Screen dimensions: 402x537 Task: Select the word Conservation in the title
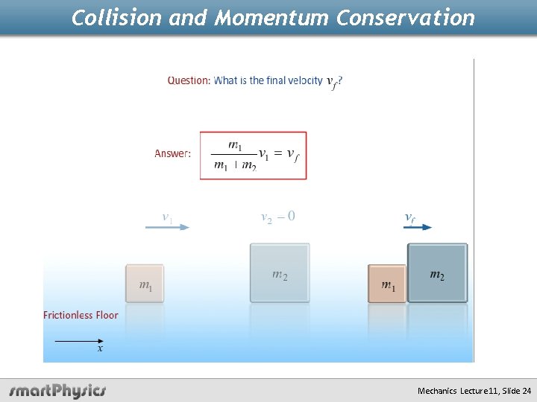[405, 18]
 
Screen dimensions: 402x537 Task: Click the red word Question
[189, 80]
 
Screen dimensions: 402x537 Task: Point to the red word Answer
[172, 153]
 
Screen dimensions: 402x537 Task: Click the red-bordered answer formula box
[253, 156]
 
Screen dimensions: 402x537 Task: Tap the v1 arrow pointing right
[168, 227]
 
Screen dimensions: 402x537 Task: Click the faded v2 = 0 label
[277, 217]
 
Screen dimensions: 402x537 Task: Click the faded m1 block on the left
[145, 284]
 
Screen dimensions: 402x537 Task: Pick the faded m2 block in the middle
[280, 273]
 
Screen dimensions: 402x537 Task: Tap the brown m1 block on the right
[387, 284]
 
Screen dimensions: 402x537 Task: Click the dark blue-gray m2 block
[437, 273]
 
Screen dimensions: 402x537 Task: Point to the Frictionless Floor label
[81, 315]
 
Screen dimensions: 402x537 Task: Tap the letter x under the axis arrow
[100, 348]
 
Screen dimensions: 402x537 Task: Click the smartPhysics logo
[57, 390]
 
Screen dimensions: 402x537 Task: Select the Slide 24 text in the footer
[516, 391]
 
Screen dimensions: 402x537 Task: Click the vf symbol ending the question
[333, 82]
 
